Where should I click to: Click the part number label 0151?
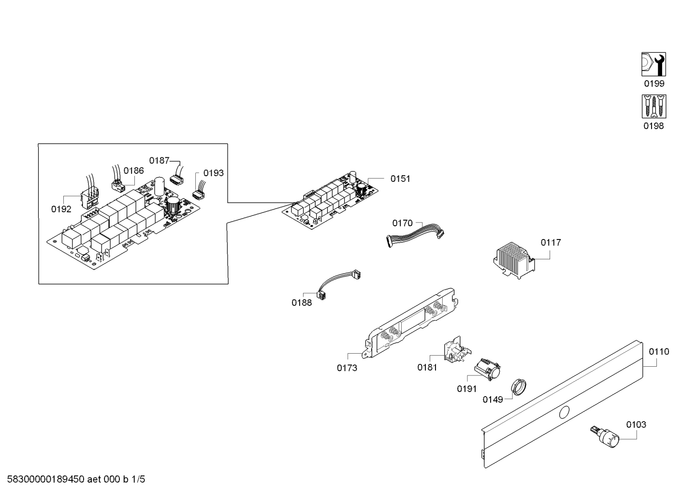pos(400,179)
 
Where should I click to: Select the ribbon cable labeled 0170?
pos(415,235)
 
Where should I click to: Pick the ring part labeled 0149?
pos(519,386)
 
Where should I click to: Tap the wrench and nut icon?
pos(653,64)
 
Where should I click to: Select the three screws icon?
pos(653,106)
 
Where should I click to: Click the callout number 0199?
pos(653,84)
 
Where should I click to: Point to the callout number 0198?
pos(653,126)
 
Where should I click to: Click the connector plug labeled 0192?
pos(90,199)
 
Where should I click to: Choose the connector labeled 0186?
pos(117,184)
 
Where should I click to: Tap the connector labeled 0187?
pos(176,179)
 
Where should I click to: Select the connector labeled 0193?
pos(198,194)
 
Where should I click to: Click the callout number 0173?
pos(347,368)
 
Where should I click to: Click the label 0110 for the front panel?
pos(659,352)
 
